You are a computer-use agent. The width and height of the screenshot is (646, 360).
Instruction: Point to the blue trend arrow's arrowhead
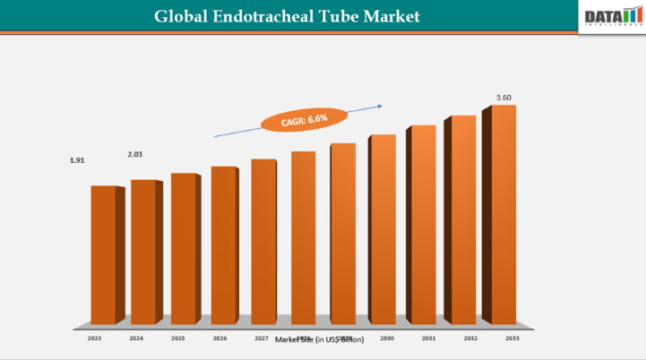(x=383, y=104)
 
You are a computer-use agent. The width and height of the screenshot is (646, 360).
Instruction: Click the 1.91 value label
(x=77, y=160)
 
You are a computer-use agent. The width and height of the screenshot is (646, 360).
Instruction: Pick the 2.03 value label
(x=135, y=154)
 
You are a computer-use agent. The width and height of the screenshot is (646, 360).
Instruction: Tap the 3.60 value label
(x=504, y=97)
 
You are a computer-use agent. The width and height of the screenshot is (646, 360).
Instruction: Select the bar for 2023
(x=103, y=254)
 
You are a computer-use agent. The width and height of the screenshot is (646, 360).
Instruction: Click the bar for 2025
(x=183, y=248)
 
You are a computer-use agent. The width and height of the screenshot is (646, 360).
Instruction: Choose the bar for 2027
(x=263, y=241)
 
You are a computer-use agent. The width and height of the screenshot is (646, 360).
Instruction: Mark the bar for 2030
(x=383, y=228)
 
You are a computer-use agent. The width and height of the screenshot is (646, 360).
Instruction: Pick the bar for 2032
(x=463, y=219)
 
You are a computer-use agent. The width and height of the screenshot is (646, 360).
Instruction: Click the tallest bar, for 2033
(x=504, y=214)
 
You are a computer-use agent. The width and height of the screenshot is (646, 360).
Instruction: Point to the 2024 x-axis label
(x=136, y=339)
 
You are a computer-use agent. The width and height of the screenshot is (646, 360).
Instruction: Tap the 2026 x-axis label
(x=220, y=339)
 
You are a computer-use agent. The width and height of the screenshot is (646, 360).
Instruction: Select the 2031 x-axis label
(x=429, y=339)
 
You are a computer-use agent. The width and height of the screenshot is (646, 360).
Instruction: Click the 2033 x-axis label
(x=512, y=339)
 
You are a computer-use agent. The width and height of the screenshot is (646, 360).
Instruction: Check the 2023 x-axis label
(x=94, y=339)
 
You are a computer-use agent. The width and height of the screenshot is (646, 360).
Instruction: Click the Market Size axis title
(x=320, y=340)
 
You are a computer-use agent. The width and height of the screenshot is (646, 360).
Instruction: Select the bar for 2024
(x=142, y=252)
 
